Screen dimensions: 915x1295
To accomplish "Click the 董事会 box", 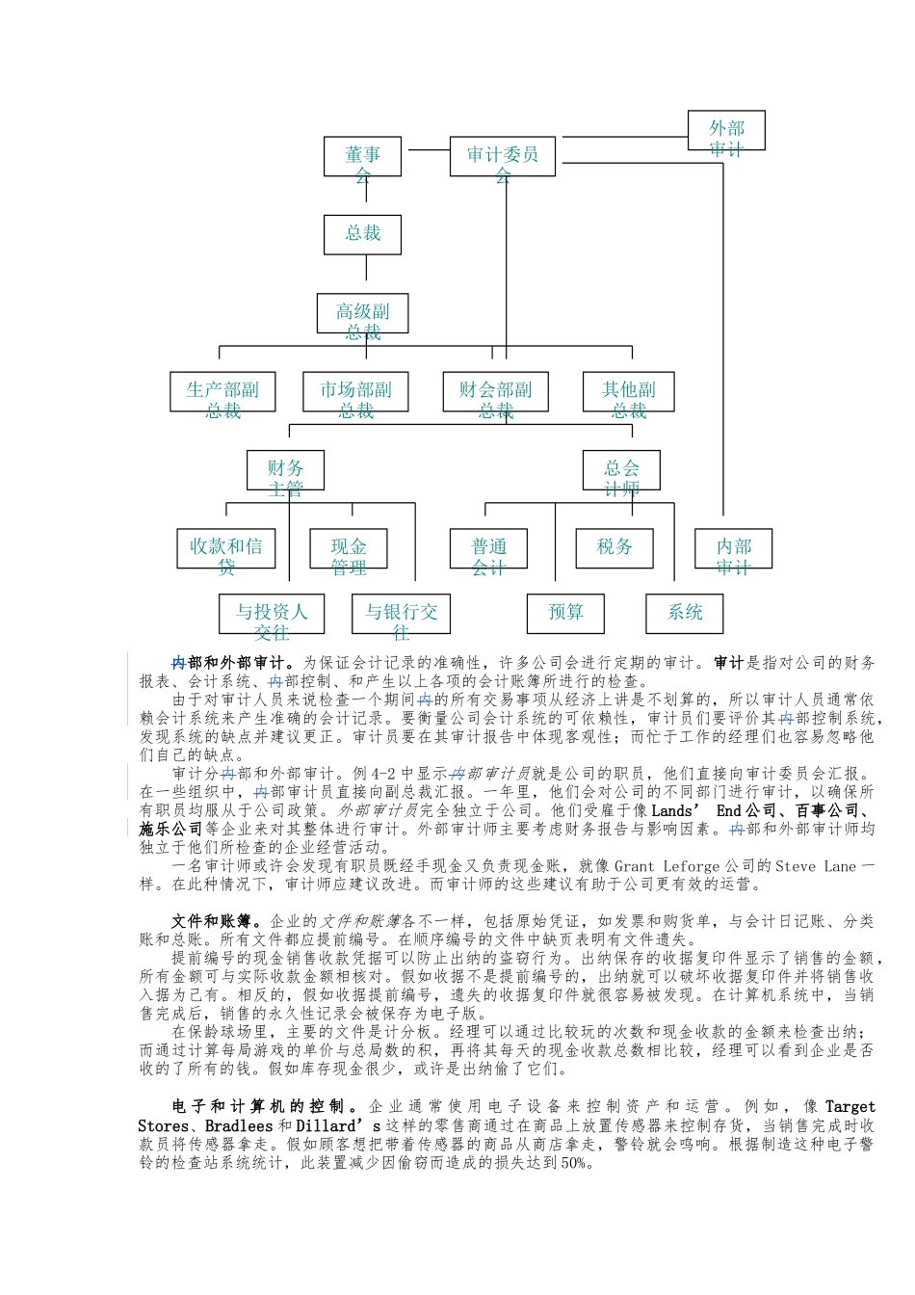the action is point(363,156).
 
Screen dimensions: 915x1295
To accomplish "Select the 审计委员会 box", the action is point(502,156).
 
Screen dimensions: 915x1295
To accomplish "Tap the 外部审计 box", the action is point(726,131).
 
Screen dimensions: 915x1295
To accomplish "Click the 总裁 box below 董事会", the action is point(363,234).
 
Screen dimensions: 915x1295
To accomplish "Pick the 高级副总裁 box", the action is point(363,313).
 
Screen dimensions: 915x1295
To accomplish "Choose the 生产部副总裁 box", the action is point(222,391).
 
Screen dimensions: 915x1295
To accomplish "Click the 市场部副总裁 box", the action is point(355,391).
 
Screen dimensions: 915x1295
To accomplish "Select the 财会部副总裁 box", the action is point(495,391).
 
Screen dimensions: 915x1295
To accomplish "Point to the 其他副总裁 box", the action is point(628,391).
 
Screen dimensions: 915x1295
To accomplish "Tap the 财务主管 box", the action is point(285,470).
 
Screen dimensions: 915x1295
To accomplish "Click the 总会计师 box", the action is point(621,470).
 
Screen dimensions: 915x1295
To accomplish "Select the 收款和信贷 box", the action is point(226,548).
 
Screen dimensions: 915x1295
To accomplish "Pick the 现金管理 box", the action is point(348,548).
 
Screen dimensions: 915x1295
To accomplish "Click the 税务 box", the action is point(614,548).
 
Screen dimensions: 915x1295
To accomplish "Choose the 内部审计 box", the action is point(733,548).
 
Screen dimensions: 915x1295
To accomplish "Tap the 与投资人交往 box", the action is point(272,614).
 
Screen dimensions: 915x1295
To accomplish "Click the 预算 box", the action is point(565,614).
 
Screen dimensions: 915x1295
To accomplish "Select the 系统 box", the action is point(685,614).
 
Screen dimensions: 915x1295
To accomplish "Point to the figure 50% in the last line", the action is point(574,1163).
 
